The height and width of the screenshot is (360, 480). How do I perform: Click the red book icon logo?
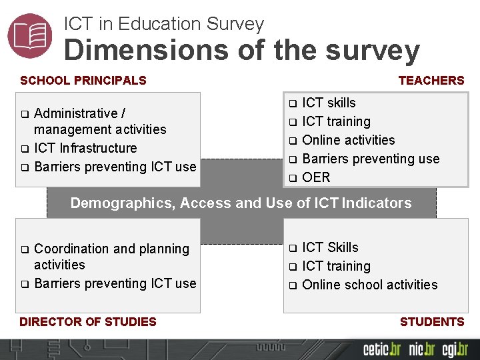pos(30,35)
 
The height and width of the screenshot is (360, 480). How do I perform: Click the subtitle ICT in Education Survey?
pos(164,24)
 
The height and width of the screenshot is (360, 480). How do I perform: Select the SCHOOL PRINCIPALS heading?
pos(83,81)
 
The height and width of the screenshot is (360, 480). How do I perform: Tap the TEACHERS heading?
pos(431,81)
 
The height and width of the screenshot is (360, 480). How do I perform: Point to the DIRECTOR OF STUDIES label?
pos(88,322)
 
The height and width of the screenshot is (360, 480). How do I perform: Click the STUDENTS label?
pos(431,322)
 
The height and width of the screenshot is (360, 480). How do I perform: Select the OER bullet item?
pos(316,177)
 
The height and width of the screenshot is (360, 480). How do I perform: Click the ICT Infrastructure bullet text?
pos(85,148)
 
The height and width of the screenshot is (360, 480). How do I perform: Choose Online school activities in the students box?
pos(370,285)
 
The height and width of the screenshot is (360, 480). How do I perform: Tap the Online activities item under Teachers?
pos(349,140)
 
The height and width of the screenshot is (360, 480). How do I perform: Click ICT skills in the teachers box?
pos(329,103)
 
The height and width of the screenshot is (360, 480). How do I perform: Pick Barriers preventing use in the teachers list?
pos(371,159)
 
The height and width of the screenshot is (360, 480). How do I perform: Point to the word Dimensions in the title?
pos(139,50)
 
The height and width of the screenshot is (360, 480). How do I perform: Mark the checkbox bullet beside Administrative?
pos(24,114)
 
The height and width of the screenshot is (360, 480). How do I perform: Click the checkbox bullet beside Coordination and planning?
pos(24,249)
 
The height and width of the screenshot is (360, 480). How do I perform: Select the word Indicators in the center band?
pos(377,203)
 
